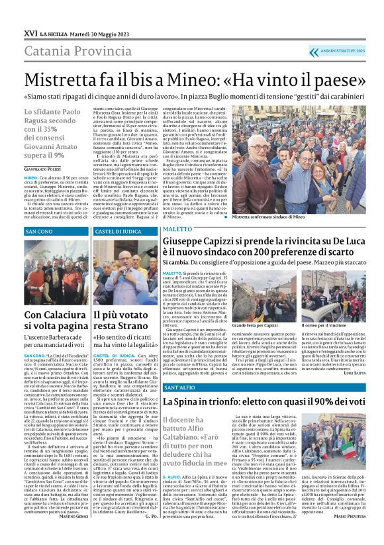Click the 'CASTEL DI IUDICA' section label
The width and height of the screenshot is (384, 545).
pyautogui.click(x=119, y=232)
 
